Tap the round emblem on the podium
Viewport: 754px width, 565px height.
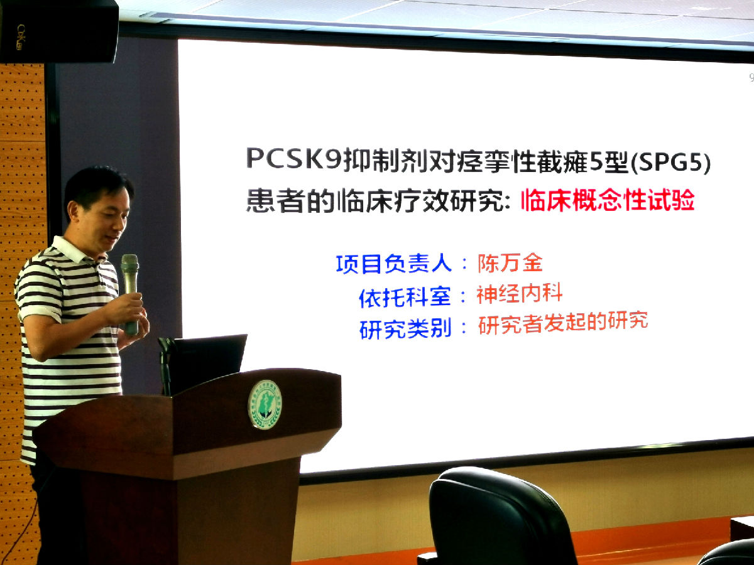265,404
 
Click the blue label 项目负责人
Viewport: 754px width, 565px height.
394,264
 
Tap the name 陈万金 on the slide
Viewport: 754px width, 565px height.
510,263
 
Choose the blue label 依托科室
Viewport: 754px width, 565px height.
405,296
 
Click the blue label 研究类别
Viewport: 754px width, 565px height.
405,328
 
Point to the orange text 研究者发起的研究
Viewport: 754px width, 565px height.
563,323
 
